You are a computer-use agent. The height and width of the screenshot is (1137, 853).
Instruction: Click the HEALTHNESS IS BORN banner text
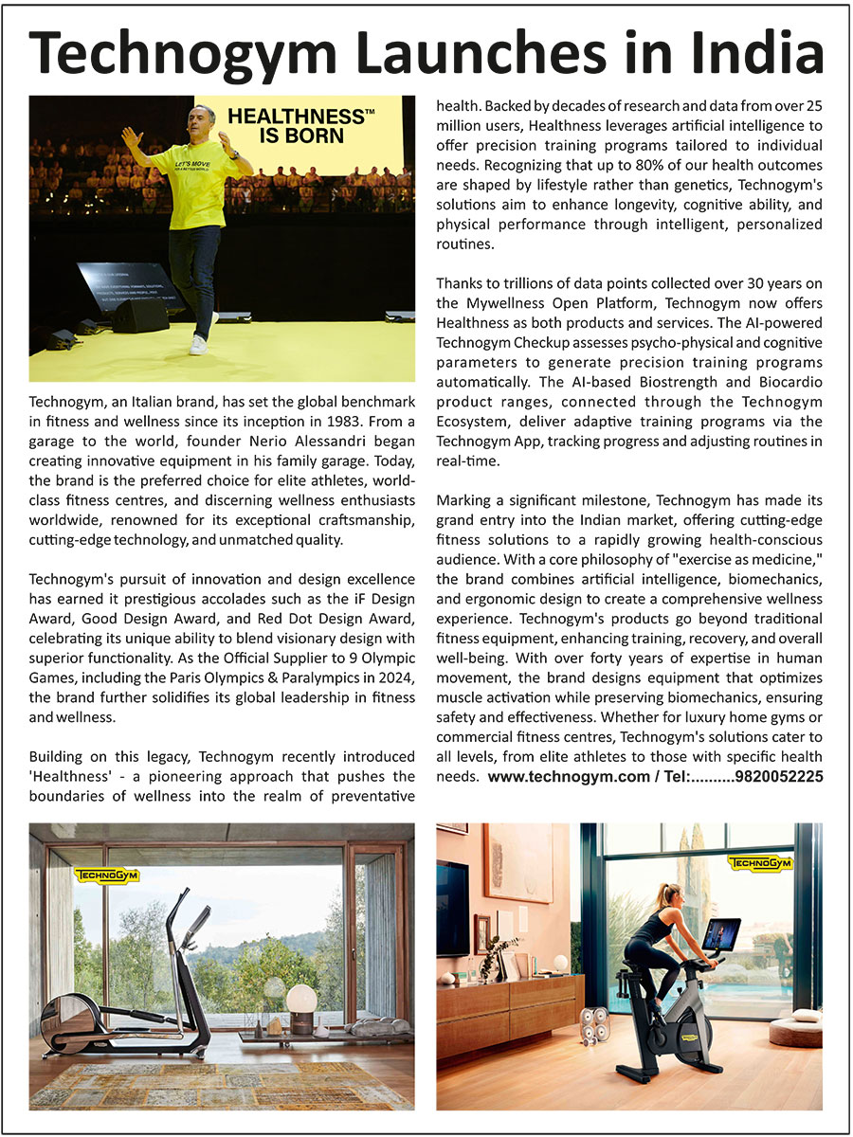coord(299,125)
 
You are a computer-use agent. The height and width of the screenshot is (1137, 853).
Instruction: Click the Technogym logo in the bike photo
coord(760,864)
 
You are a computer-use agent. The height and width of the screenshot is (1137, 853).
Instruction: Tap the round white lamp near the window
coord(301,997)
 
